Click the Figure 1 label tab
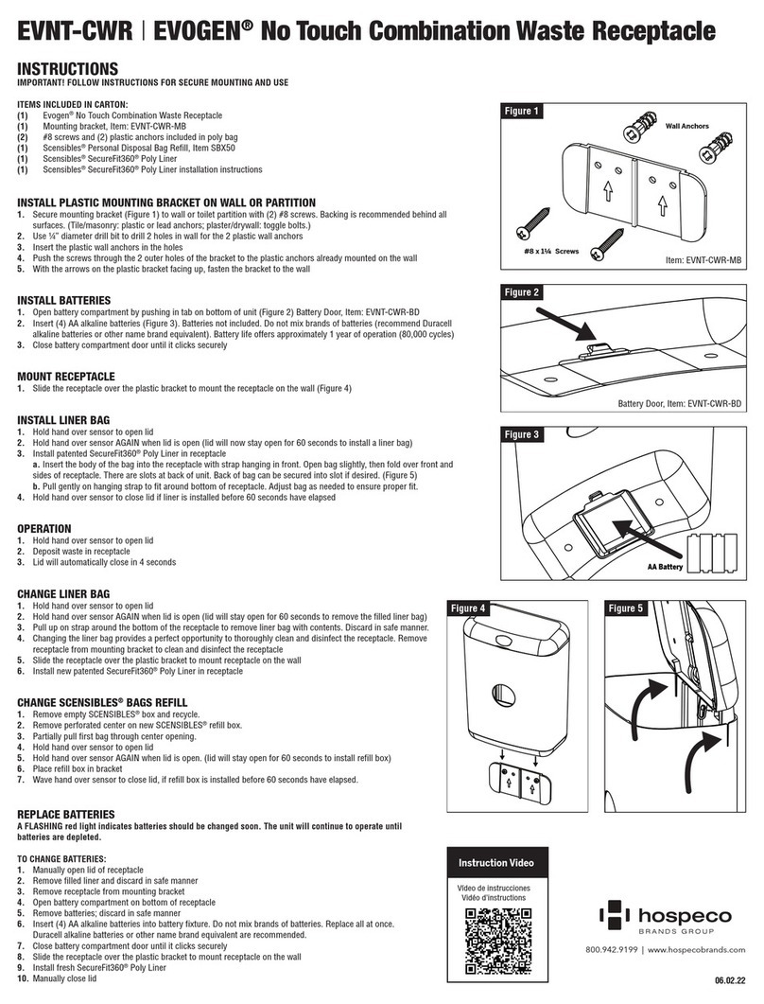coord(522,112)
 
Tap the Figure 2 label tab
coord(522,292)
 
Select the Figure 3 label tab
coord(522,434)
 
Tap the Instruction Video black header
coord(495,864)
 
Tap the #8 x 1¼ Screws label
coord(552,253)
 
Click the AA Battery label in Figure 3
coord(665,567)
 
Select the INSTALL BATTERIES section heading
coord(63,301)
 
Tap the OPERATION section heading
coord(44,528)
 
